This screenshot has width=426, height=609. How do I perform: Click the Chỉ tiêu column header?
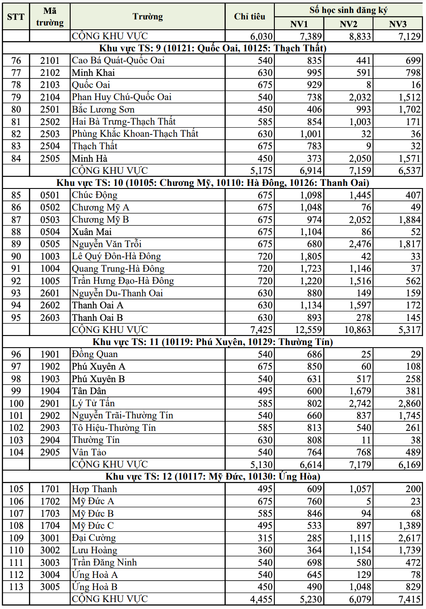pyautogui.click(x=249, y=16)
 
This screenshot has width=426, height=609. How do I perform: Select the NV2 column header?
pyautogui.click(x=348, y=24)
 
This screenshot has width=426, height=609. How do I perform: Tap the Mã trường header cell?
pyautogui.click(x=50, y=16)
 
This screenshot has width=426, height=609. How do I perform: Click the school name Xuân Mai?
pyautogui.click(x=92, y=232)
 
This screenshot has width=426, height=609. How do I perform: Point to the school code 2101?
pyautogui.click(x=50, y=60)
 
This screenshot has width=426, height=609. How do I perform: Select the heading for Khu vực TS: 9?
pyautogui.click(x=213, y=48)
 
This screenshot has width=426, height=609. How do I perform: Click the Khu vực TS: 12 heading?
pyautogui.click(x=213, y=477)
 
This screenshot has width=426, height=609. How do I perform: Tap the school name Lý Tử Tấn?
pyautogui.click(x=93, y=403)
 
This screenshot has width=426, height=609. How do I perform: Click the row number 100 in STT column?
pyautogui.click(x=16, y=404)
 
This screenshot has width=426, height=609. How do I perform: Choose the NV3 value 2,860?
pyautogui.click(x=409, y=404)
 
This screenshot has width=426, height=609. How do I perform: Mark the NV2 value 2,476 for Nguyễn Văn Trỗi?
pyautogui.click(x=360, y=244)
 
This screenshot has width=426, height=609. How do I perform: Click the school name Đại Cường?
pyautogui.click(x=94, y=538)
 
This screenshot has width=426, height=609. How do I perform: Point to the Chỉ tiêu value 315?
pyautogui.click(x=265, y=538)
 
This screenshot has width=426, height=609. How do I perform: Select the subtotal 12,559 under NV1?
pyautogui.click(x=308, y=330)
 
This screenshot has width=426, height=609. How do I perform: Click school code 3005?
pyautogui.click(x=50, y=587)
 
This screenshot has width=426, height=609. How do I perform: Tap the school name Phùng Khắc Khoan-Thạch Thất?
pyautogui.click(x=135, y=134)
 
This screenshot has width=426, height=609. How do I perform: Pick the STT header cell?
pyautogui.click(x=16, y=16)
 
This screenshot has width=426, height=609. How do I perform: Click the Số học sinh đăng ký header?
pyautogui.click(x=348, y=10)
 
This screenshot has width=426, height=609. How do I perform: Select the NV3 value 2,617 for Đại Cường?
pyautogui.click(x=409, y=538)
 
